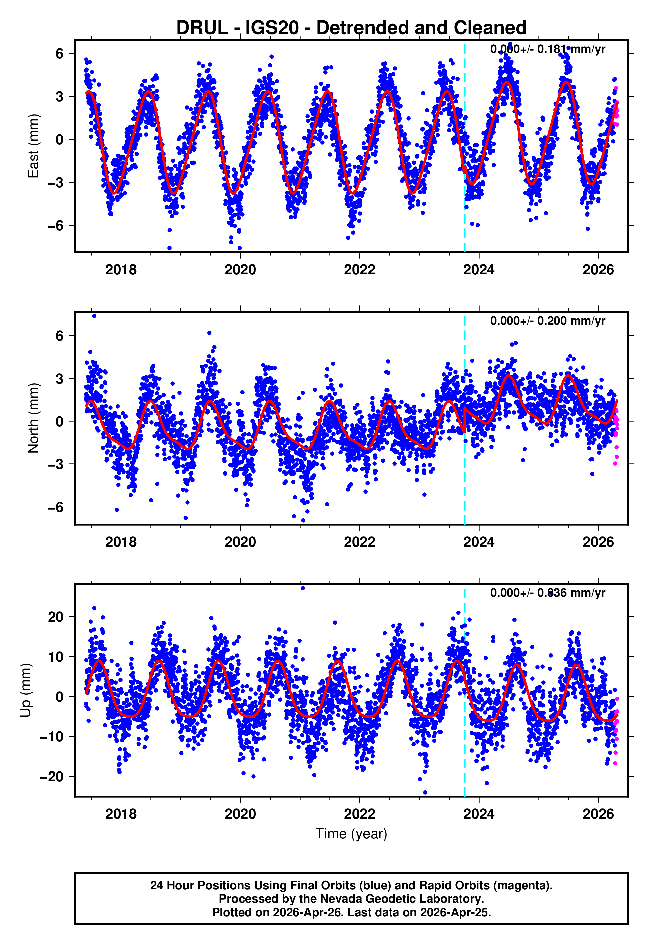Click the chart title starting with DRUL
pos(351,28)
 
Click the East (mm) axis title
pos(33,146)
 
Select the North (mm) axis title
pos(33,418)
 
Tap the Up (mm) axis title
pos(25,690)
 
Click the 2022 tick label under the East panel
pos(359,270)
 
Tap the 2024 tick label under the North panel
pos(479,542)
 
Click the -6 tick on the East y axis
pos(55,225)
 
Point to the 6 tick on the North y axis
pos(59,336)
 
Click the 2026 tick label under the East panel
pos(598,270)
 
